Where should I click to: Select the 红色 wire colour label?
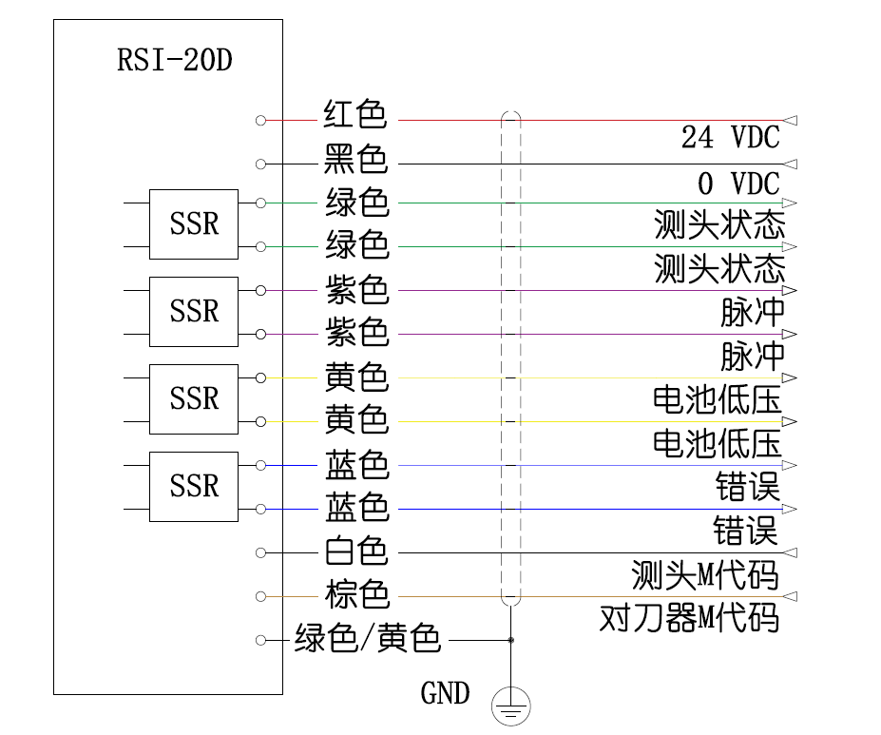point(355,116)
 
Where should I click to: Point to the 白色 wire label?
point(355,551)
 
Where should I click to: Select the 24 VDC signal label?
point(730,138)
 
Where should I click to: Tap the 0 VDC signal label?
point(737,183)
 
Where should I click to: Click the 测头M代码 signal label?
point(704,574)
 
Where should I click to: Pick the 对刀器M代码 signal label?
point(689,618)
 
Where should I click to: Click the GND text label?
point(445,693)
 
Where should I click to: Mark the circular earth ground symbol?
point(510,706)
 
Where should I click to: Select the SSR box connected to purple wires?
point(194,311)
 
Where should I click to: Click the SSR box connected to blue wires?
point(194,486)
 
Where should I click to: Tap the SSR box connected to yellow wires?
point(194,398)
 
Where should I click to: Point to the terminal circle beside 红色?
point(260,121)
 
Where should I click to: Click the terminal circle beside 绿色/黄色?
point(260,640)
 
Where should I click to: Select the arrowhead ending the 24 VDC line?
point(790,121)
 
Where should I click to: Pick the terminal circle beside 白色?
point(260,552)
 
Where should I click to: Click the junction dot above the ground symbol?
point(510,640)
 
